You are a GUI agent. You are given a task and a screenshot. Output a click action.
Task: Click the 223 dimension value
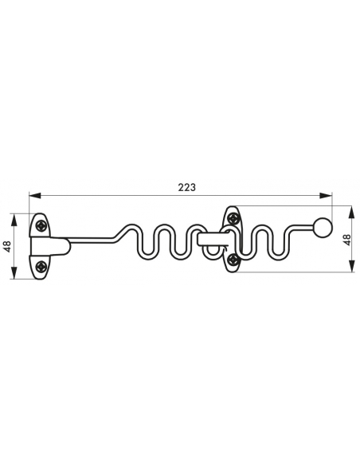[x=186, y=187]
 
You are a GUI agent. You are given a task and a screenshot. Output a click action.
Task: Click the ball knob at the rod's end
[x=323, y=228]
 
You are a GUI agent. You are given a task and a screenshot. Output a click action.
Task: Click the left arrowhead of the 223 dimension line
[x=32, y=196]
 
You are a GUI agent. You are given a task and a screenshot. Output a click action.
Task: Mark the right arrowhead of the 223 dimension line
[x=328, y=196]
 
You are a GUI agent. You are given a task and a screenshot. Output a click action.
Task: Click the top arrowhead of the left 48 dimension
[x=14, y=216]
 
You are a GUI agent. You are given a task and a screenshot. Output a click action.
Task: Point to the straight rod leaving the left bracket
[x=88, y=238]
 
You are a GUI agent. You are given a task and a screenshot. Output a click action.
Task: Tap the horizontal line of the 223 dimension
[x=119, y=196]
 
